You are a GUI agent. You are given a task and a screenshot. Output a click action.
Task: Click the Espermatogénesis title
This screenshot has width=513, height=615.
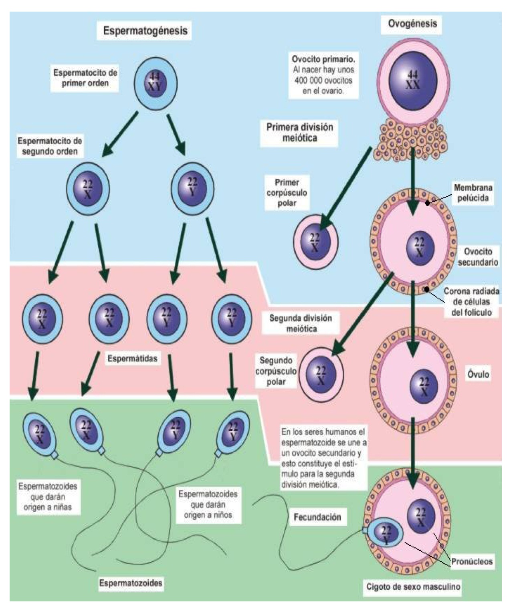[x=145, y=31]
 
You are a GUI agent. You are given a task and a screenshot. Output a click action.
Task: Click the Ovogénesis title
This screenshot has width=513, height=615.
[x=412, y=24]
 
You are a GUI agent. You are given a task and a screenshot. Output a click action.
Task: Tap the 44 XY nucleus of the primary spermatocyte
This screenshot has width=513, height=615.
[x=155, y=83]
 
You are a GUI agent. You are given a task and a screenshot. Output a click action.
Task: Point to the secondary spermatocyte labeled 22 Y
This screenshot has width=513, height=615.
[x=192, y=188]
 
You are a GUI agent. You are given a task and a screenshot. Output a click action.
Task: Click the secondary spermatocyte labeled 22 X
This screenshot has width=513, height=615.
[x=88, y=189]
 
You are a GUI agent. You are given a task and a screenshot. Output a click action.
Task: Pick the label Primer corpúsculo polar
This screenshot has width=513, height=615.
[x=287, y=193]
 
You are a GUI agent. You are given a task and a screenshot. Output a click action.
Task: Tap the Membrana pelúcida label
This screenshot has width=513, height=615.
[x=473, y=193]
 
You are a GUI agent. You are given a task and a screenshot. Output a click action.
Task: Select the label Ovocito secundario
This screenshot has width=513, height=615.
[x=478, y=257]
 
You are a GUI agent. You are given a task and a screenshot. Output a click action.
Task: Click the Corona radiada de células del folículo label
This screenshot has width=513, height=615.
[x=471, y=302]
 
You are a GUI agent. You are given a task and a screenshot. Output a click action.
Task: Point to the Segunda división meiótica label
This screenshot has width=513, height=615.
[x=301, y=323]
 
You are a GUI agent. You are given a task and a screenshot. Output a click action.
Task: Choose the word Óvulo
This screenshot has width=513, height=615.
[x=478, y=374]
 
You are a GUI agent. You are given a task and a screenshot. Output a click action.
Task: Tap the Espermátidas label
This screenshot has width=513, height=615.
[x=132, y=358]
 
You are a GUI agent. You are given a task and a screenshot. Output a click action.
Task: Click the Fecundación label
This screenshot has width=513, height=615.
[x=317, y=517]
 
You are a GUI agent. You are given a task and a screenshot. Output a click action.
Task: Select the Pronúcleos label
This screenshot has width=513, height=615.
[x=472, y=561]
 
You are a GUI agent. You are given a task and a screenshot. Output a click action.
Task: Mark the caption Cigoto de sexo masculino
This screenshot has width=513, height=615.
[x=413, y=587]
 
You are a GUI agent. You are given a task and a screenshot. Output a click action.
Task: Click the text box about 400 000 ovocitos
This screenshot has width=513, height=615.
[x=323, y=75]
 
